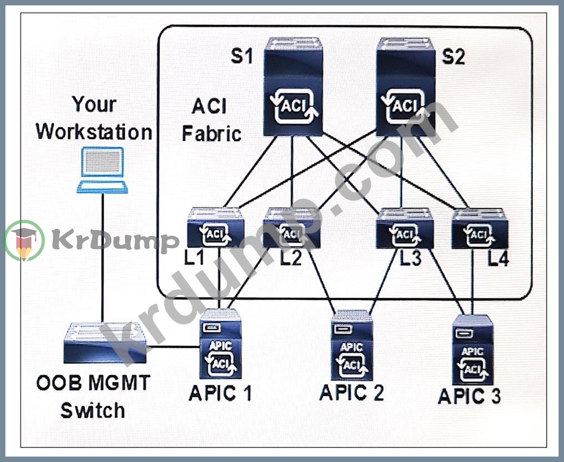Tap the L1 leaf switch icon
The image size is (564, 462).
tap(215, 229)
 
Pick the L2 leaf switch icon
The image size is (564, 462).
tap(292, 229)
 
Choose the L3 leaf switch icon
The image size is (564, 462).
tap(404, 229)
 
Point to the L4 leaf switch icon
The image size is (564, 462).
tap(480, 229)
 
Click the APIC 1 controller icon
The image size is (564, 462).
tap(220, 344)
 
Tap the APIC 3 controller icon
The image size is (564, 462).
tap(473, 350)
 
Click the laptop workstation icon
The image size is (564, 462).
tap(102, 170)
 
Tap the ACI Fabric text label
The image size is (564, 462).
tap(211, 119)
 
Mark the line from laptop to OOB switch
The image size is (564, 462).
tap(102, 258)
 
